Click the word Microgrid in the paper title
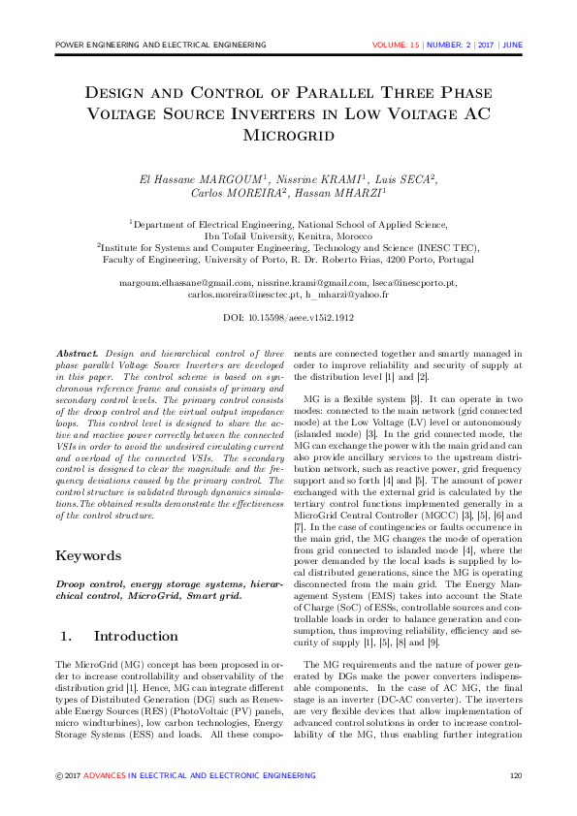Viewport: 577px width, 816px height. pyautogui.click(x=288, y=134)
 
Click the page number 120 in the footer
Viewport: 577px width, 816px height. pyautogui.click(x=516, y=775)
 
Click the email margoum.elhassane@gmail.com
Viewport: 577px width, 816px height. pyautogui.click(x=184, y=282)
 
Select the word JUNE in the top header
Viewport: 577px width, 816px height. pyautogui.click(x=512, y=46)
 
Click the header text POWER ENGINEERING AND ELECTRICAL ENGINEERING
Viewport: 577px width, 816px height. pyautogui.click(x=161, y=46)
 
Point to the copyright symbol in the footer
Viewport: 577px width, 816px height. pyautogui.click(x=59, y=775)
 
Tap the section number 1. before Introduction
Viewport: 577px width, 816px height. pyautogui.click(x=68, y=637)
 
